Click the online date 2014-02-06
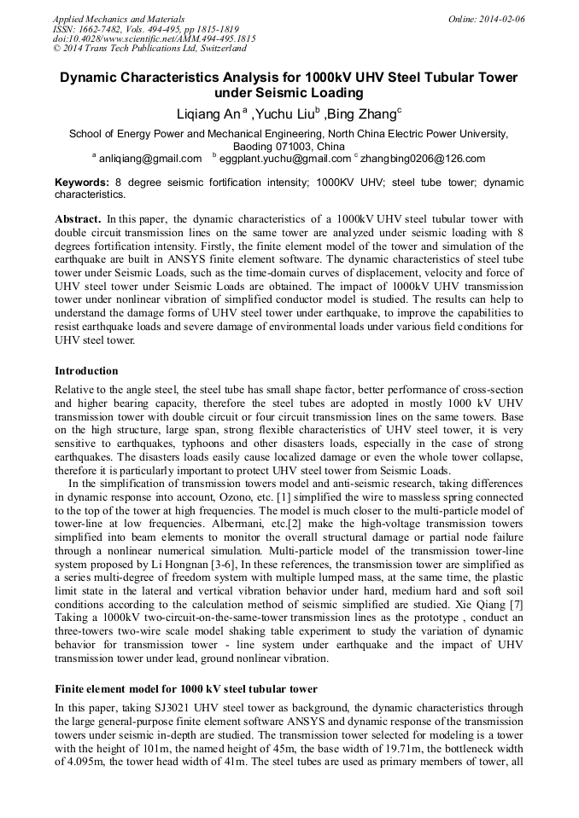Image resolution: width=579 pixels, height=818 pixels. (499, 19)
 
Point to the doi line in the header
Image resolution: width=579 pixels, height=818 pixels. (154, 39)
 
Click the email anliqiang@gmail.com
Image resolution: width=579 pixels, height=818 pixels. (150, 159)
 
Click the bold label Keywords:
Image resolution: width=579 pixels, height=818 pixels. (82, 183)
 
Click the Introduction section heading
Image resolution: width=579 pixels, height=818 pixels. (86, 371)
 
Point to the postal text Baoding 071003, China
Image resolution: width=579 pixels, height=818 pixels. (289, 147)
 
